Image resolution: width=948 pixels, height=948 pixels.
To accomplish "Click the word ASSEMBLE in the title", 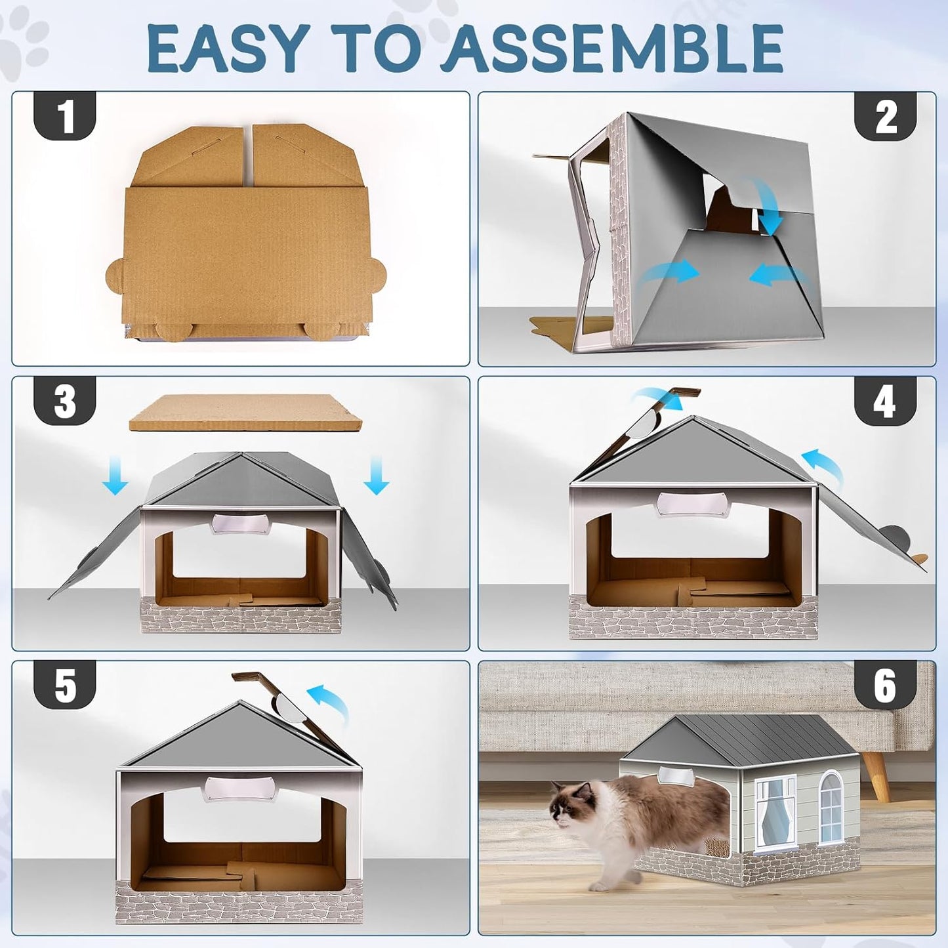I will (x=612, y=49).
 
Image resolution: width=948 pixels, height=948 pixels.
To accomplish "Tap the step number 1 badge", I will (x=65, y=116).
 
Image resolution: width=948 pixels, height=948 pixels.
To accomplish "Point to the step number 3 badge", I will (x=65, y=401).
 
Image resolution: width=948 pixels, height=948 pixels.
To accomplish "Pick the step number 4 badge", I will (x=884, y=401).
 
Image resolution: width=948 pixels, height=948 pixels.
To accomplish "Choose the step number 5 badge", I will (x=65, y=685).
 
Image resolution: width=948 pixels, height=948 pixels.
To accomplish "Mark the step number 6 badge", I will (x=884, y=685).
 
